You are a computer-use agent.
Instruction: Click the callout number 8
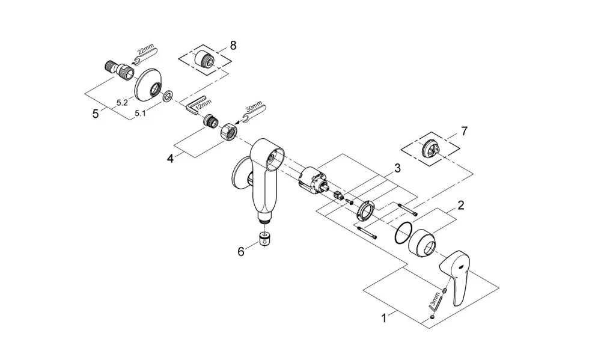coord(233,46)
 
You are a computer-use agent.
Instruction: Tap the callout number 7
coord(465,132)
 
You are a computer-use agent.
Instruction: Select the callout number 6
coord(241,252)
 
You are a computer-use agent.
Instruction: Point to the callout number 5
coord(95,114)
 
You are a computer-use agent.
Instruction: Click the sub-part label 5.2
coord(122,102)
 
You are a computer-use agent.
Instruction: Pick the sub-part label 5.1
coord(139,114)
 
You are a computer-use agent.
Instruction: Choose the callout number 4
coord(170,158)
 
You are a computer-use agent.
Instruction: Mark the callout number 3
coord(397,168)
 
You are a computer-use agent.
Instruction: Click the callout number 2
coord(461,205)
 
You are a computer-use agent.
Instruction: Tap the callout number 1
coord(383,318)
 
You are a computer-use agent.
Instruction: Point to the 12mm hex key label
coord(203,105)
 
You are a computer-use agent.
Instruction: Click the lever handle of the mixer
coord(455,278)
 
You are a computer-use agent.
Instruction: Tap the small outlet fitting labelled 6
coord(264,240)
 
